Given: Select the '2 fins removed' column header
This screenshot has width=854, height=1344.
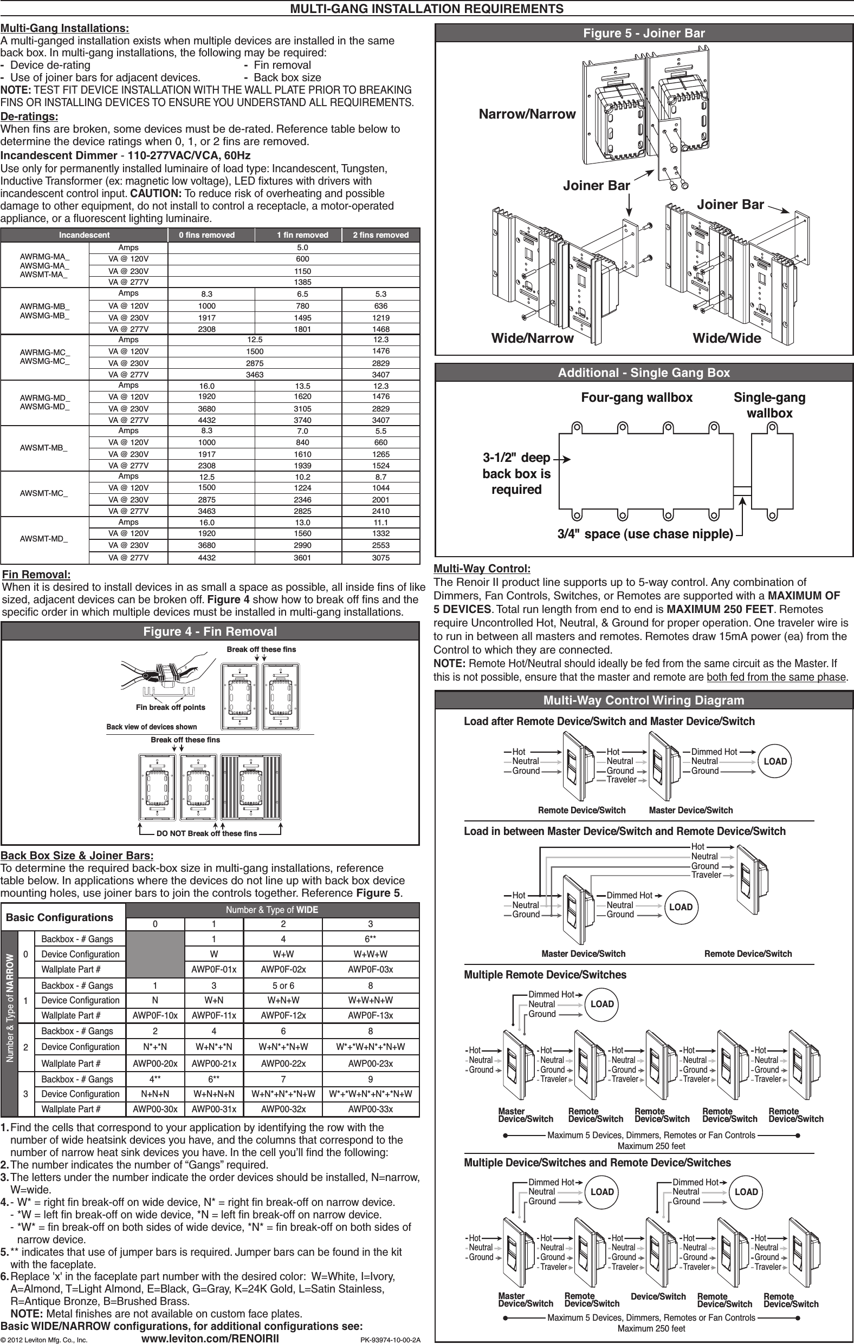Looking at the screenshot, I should click(380, 235).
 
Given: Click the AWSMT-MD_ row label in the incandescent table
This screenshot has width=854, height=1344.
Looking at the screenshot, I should click(44, 540).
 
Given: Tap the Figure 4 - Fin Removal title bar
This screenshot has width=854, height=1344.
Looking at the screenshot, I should click(210, 631).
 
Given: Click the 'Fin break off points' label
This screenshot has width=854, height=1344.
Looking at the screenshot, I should click(170, 707).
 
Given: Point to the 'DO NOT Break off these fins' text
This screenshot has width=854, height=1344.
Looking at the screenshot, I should click(206, 833).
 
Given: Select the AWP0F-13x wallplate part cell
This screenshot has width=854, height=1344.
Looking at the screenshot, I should click(370, 1015).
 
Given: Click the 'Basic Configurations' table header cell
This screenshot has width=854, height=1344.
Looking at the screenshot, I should click(59, 918).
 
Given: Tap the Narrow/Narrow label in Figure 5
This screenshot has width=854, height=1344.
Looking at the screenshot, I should click(527, 114).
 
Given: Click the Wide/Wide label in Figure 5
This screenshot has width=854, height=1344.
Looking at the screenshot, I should click(726, 338).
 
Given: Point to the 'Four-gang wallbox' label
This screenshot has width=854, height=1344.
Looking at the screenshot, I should click(637, 397).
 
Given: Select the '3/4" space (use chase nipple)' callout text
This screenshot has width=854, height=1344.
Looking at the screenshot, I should click(645, 533).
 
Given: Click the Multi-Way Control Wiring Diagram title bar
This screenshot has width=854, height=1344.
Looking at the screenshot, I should click(643, 700).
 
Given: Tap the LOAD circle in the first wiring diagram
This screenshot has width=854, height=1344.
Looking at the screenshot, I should click(775, 761).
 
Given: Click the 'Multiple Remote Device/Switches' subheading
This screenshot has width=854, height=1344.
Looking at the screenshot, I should click(545, 975).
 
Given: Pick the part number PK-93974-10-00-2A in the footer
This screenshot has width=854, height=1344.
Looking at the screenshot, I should click(390, 1339).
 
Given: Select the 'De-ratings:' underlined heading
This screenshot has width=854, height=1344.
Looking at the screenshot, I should click(29, 116).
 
